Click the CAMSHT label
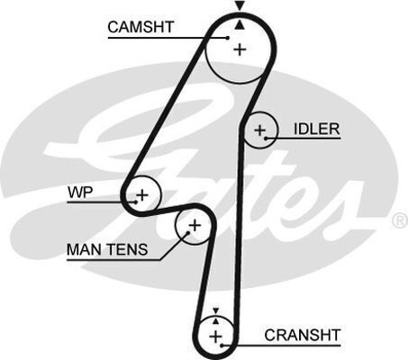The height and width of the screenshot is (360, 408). point(141,27)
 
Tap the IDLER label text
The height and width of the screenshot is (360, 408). point(316,129)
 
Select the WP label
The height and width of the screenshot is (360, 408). point(80,193)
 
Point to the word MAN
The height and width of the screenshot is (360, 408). point(84,249)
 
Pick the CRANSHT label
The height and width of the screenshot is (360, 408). point(302,335)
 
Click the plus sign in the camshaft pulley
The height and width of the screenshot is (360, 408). point(240,49)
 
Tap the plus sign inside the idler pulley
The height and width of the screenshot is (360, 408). point(259,130)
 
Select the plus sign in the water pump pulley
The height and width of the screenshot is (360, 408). point(142,195)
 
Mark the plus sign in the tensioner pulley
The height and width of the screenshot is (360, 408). point(195,225)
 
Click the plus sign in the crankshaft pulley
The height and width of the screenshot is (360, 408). point(215,337)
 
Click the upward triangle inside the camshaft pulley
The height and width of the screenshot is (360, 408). point(240,25)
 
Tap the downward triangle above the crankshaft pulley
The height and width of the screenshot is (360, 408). point(215,310)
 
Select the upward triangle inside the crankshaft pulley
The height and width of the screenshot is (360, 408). point(215,321)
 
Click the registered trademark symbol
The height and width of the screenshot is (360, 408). point(400,220)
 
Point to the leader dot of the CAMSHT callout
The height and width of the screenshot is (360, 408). point(228,38)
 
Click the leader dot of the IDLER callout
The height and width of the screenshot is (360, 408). point(266,139)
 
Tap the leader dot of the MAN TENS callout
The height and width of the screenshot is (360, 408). point(188,232)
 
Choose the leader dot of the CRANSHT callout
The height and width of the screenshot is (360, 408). point(222,346)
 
